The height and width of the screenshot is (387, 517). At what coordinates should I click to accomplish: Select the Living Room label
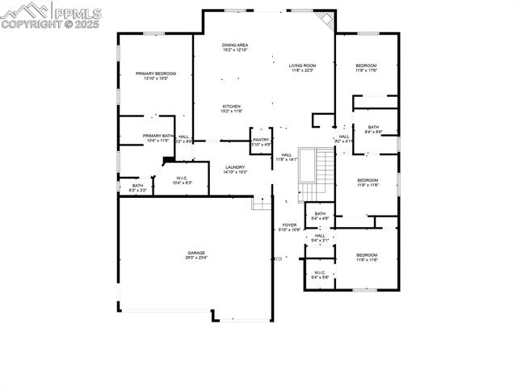[302, 67]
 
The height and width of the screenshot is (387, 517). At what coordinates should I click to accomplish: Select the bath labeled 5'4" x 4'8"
[321, 216]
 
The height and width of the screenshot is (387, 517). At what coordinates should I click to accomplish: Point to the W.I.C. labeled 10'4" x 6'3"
[183, 180]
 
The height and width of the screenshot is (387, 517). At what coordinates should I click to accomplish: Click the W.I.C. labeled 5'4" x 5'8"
[320, 275]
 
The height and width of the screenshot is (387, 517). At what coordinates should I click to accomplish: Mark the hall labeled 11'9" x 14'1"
[287, 157]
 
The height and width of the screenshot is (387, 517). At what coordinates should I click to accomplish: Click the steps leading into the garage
[261, 204]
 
